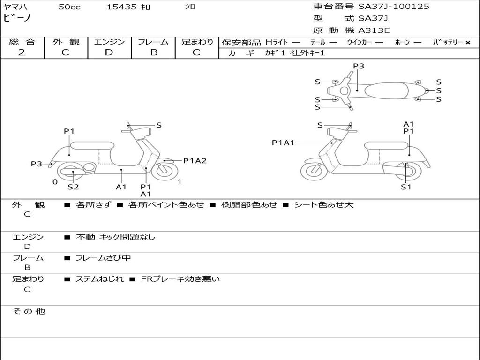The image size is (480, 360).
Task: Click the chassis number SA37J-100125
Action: pos(394,7)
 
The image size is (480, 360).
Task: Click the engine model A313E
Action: pos(374,30)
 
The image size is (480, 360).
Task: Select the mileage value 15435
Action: pos(121,7)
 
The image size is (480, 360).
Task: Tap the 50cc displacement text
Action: pos(69,7)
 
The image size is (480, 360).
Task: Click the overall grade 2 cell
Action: pos(22,52)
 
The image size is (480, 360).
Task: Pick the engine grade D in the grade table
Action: pos(109,52)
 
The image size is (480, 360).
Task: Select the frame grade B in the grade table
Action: pos(153,52)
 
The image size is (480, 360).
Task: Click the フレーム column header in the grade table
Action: pos(153,42)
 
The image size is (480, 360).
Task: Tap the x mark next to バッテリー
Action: pos(467,43)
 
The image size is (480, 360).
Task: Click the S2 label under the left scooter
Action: pos(73,187)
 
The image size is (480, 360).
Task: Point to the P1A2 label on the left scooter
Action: pos(195,161)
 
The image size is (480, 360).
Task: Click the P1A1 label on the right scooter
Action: pos(283,142)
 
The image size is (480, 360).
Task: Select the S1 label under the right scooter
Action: pos(405,187)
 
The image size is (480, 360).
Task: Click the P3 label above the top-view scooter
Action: pos(359,66)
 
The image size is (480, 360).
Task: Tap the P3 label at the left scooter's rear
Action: pos(37,164)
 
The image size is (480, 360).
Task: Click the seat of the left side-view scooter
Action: pos(92,145)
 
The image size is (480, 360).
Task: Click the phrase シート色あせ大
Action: pos(323,205)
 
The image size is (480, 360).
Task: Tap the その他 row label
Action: pos(29,311)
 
